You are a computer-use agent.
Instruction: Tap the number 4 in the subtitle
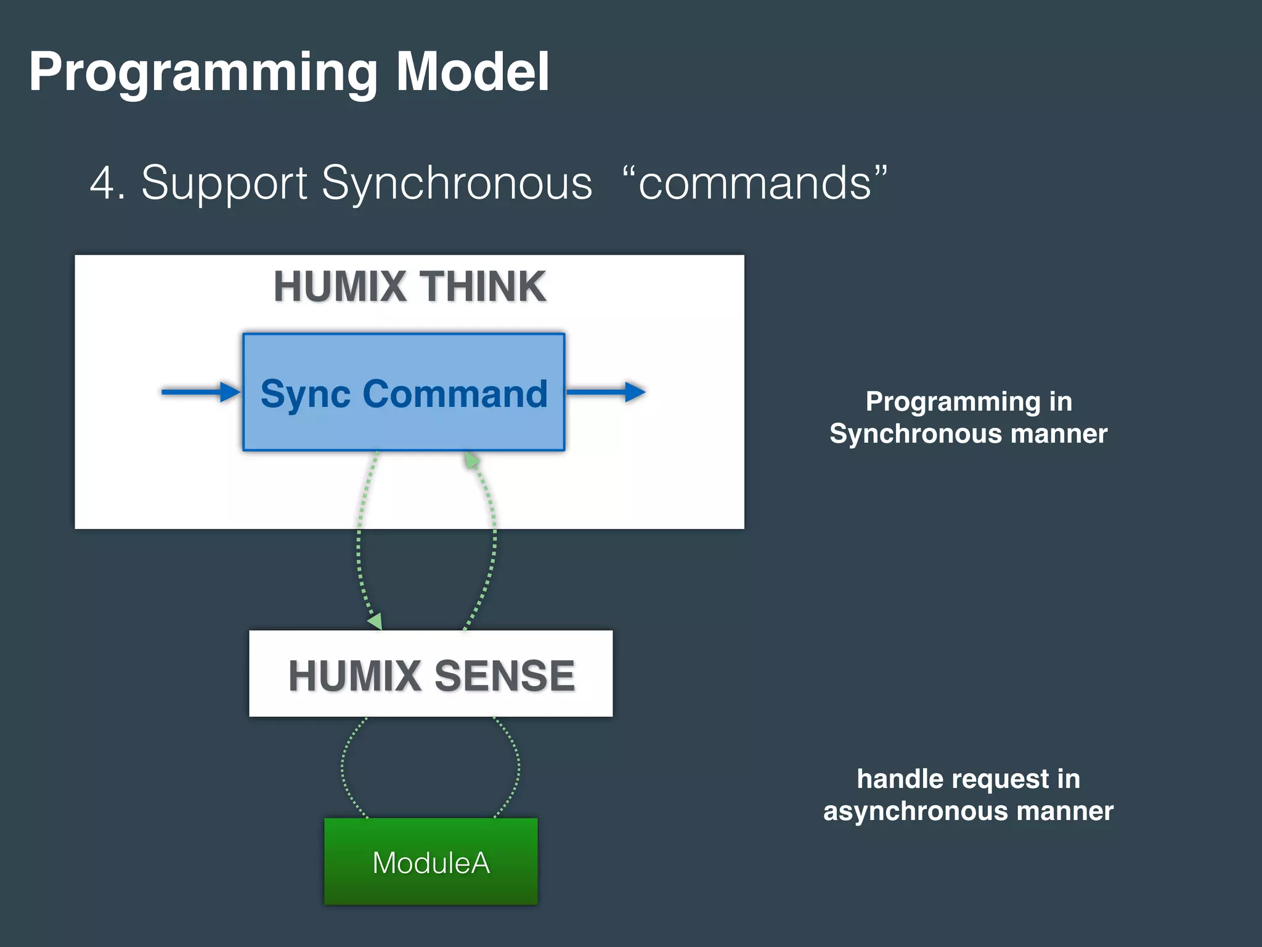click(x=102, y=183)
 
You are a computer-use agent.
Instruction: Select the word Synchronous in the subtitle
click(x=457, y=183)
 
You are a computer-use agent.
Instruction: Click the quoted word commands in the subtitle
click(x=755, y=183)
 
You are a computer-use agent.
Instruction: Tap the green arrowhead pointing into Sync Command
click(x=472, y=461)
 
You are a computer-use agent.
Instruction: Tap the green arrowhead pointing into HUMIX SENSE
click(x=375, y=621)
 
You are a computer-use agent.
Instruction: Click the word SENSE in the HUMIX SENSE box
click(x=505, y=676)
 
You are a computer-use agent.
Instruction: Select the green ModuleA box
click(x=431, y=861)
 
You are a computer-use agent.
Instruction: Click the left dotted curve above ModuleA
click(x=343, y=768)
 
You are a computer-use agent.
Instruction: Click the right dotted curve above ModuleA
click(x=518, y=768)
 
